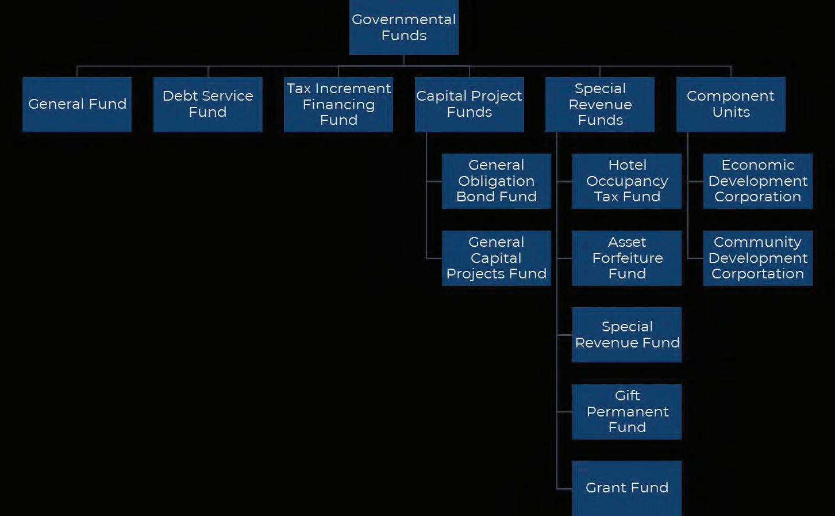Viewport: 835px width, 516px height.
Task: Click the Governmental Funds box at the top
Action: [x=403, y=28]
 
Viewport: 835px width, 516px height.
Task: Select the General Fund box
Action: [x=77, y=104]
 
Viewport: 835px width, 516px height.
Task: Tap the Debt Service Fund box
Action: [x=207, y=104]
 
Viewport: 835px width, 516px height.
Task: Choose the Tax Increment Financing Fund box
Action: [x=338, y=104]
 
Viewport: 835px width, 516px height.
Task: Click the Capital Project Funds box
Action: [x=469, y=104]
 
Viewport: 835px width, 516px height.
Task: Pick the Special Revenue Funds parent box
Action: [x=599, y=104]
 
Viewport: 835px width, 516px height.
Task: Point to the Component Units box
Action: [x=730, y=104]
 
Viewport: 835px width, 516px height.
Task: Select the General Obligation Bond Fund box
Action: [x=496, y=181]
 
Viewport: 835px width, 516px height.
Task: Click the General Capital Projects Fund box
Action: [x=496, y=258]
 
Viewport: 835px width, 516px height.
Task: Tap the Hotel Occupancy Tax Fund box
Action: [x=626, y=181]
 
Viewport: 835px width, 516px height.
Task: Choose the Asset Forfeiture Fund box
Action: [x=626, y=258]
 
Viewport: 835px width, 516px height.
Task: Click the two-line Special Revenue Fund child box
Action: [x=626, y=335]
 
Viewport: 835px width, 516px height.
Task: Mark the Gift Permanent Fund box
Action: [x=626, y=411]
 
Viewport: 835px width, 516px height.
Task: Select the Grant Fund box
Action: [x=626, y=488]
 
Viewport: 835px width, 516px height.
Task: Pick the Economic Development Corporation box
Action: [x=757, y=181]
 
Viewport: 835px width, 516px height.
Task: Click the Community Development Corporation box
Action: [x=757, y=258]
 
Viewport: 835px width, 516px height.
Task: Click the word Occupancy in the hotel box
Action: [x=627, y=181]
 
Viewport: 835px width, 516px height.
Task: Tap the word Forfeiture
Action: [x=627, y=258]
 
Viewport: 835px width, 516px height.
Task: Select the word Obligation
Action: [x=496, y=181]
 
